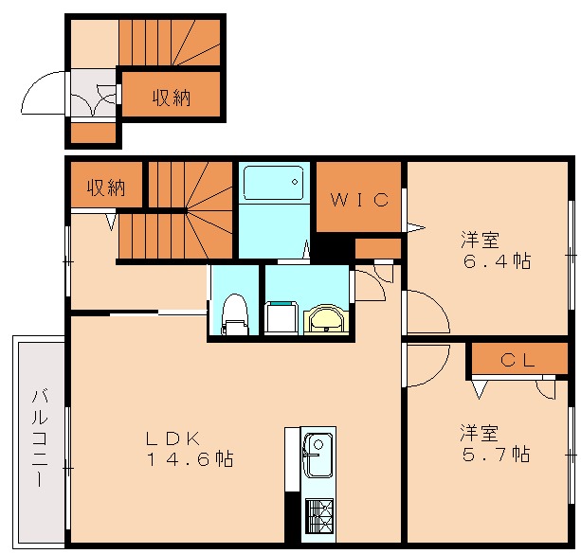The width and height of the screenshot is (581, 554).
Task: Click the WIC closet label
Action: click(x=359, y=199)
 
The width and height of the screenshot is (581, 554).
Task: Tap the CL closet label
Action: click(x=518, y=360)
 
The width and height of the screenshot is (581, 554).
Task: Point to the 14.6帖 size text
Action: click(x=190, y=460)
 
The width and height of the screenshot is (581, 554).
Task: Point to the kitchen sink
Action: click(x=317, y=454)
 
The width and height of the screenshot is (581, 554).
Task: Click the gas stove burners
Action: click(x=317, y=517)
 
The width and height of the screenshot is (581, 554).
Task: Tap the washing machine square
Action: click(x=280, y=317)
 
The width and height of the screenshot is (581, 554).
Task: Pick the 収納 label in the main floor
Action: click(x=106, y=187)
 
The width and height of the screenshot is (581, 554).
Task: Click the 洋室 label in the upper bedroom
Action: click(x=481, y=240)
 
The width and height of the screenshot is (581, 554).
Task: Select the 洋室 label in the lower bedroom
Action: click(x=480, y=434)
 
